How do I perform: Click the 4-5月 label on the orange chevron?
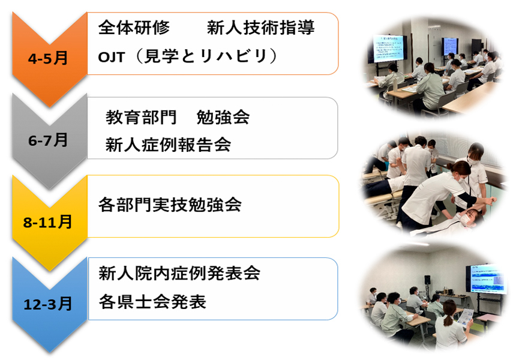point(48,58)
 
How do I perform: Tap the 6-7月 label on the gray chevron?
point(48,140)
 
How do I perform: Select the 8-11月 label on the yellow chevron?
point(47,222)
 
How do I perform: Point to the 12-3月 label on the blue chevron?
point(47,304)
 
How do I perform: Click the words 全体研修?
point(134,28)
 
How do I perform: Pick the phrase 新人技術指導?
point(260,28)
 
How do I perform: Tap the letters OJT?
point(111,57)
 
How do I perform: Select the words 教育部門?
point(141,117)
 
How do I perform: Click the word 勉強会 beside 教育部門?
point(223,117)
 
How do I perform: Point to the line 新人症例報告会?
point(168,145)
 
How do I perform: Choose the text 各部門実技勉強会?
point(170,205)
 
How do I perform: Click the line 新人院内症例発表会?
point(179,274)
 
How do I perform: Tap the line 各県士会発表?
point(152,302)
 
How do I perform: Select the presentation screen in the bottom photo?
point(487,279)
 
